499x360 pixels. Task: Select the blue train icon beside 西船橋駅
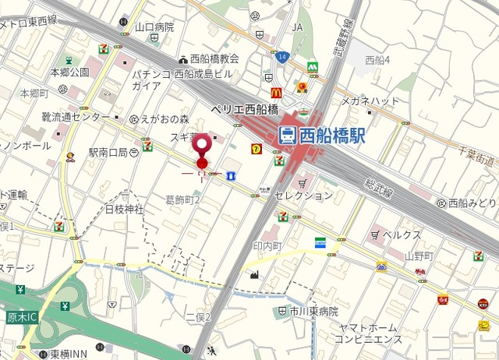(x=286, y=135)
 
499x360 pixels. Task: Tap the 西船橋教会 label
(x=214, y=58)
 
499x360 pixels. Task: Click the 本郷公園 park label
(x=70, y=72)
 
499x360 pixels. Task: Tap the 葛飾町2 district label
(x=183, y=200)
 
